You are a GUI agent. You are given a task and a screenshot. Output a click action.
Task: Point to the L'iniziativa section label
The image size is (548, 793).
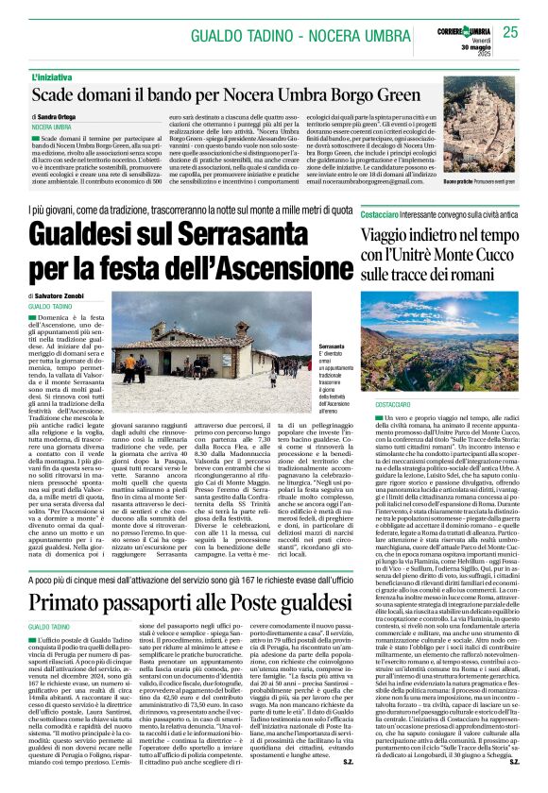click(56, 76)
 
